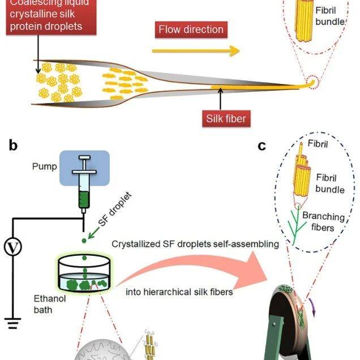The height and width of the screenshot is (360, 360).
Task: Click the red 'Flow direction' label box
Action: (191, 29)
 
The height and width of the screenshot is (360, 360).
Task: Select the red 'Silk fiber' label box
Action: (228, 118)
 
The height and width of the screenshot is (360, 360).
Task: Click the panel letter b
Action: (13, 146)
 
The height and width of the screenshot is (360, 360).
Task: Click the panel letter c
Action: (262, 146)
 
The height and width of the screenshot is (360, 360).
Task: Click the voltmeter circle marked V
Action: (12, 247)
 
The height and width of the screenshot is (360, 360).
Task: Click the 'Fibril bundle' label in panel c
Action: (331, 184)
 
